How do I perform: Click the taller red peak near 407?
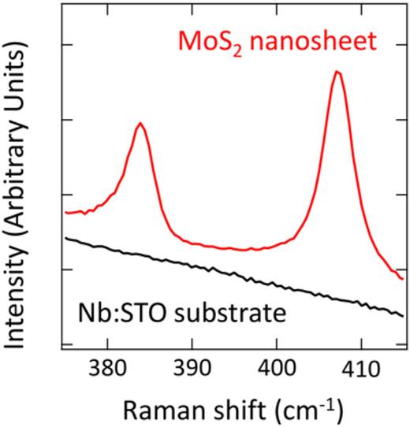[x=337, y=72]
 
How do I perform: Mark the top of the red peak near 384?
[x=140, y=123]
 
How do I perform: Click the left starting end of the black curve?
[x=65, y=237]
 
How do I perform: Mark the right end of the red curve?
[x=404, y=278]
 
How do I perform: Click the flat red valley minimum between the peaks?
[x=244, y=250]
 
